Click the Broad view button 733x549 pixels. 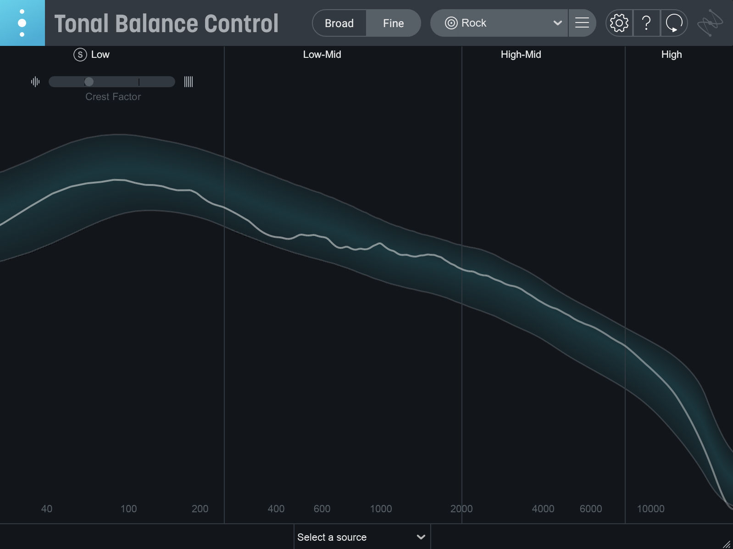pos(339,23)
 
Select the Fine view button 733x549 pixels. pos(393,23)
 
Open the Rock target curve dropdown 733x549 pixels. pos(499,23)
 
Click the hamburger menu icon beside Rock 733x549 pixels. pos(582,23)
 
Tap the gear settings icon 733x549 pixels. pos(619,23)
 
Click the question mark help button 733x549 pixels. pos(646,23)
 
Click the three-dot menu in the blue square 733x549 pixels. pos(22,23)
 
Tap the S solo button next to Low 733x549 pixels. pos(80,55)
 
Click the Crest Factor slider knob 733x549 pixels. pos(89,82)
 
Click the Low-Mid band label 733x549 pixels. pos(322,55)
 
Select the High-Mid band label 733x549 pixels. pos(521,55)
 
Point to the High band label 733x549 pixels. pos(671,55)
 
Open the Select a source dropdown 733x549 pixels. pos(361,537)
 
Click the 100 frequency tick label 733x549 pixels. pos(128,509)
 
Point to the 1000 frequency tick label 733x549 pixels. pos(381,509)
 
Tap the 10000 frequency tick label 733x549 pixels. pos(650,509)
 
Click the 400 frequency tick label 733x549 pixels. pos(276,509)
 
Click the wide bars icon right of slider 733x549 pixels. pos(188,82)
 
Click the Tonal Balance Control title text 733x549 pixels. pos(166,24)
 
